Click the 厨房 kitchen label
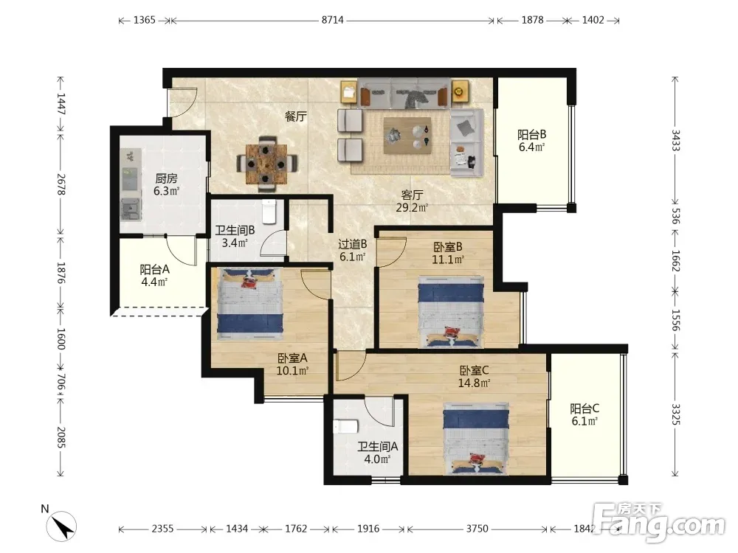pos(167,178)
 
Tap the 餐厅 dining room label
pos(296,116)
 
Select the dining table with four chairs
pos(266,164)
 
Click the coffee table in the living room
pos(407,136)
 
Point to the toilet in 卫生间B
pos(269,211)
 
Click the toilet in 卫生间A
pos(345,426)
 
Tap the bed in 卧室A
pos(250,303)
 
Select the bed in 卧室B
pos(452,312)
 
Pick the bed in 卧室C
pos(476,438)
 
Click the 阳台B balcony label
pos(532,134)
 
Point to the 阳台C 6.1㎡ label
pos(584,414)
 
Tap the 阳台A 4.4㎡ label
pos(154,276)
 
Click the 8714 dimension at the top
pos(333,20)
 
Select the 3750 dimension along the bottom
pos(477,529)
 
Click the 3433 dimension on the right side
pos(675,140)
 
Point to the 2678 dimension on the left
pos(61,184)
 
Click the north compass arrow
pos(61,526)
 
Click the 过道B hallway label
pos(353,244)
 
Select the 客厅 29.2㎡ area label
pos(412,201)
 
